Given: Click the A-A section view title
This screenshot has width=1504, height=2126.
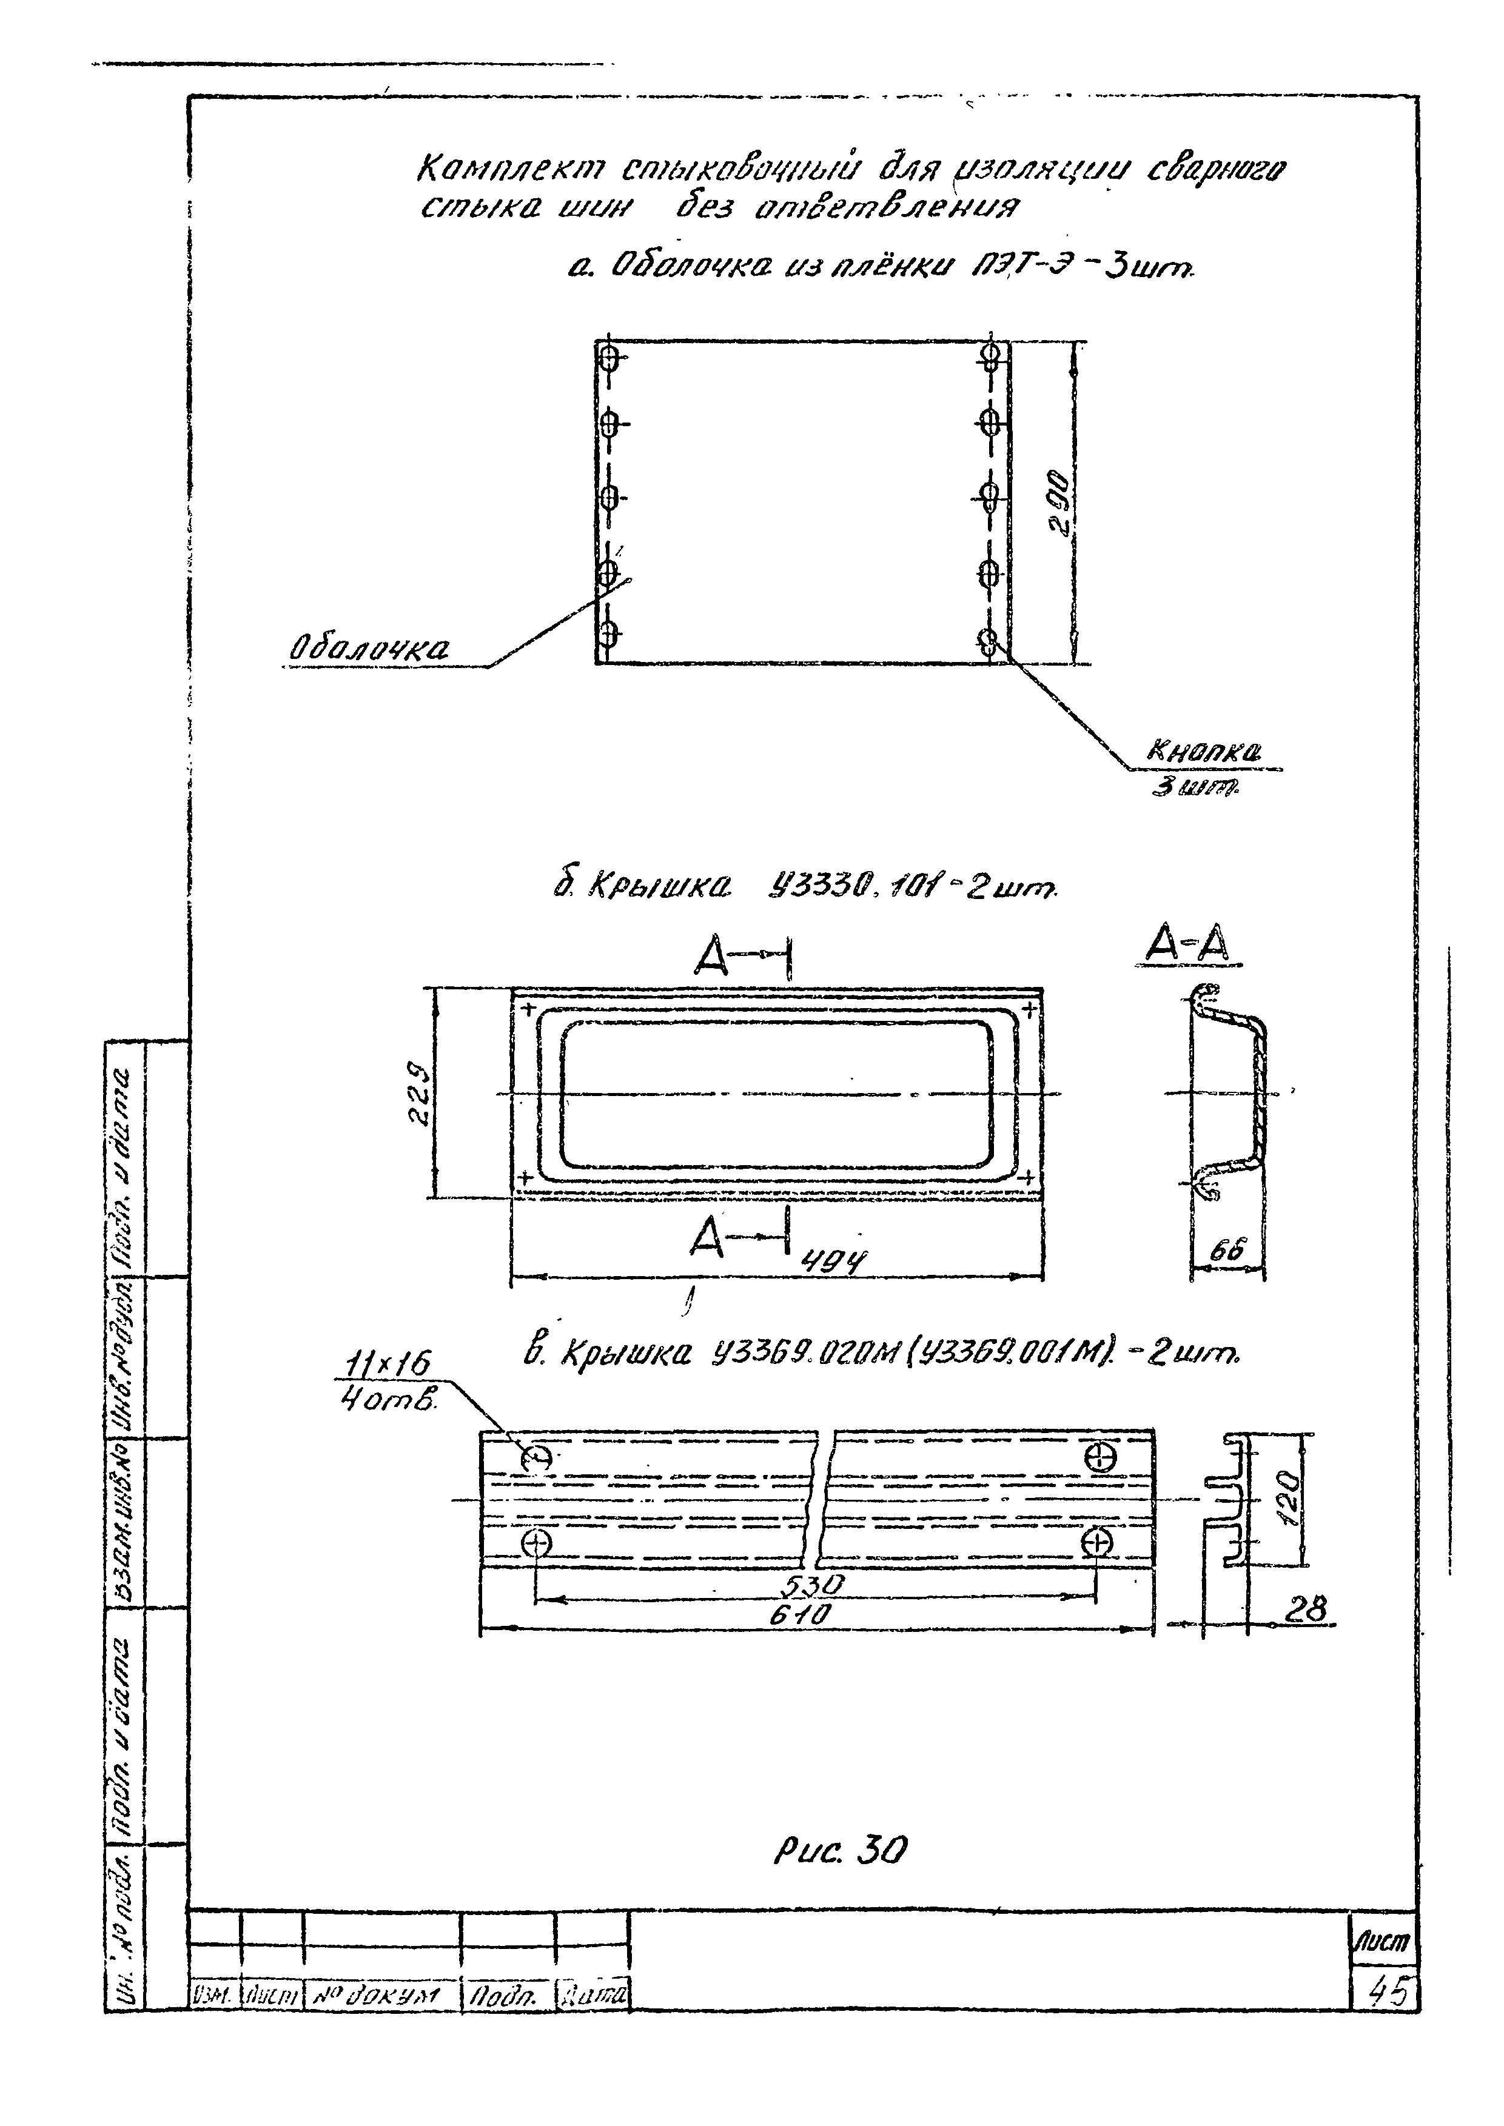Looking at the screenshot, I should [1188, 946].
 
